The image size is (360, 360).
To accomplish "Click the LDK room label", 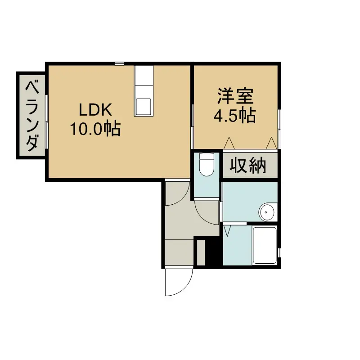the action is coord(95,110).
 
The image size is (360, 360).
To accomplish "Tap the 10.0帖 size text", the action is coord(95,129).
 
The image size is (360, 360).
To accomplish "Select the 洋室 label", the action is coord(235,96).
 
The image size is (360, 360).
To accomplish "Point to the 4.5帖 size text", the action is coord(234,116).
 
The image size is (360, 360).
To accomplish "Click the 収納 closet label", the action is coord(248,165).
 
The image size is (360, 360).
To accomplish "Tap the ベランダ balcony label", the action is coord(32,116).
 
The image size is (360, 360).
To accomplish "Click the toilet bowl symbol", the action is coord(207,164).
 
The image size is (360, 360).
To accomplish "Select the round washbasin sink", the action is coord(266,212).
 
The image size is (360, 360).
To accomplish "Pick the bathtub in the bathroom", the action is coord(265,245).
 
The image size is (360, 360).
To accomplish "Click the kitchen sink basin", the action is coord(144,107).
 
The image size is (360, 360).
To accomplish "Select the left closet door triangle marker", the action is coord(229,143).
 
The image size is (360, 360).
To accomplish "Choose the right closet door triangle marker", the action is coord(272,143).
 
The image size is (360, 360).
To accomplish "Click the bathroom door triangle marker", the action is coord(227,231).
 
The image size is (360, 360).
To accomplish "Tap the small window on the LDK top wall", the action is coord(119,63).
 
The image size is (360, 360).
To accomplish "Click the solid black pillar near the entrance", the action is coord(213,252).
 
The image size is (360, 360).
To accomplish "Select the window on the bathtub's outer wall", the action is coord(279,252).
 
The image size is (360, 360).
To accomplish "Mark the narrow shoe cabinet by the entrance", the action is coord(201,252).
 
